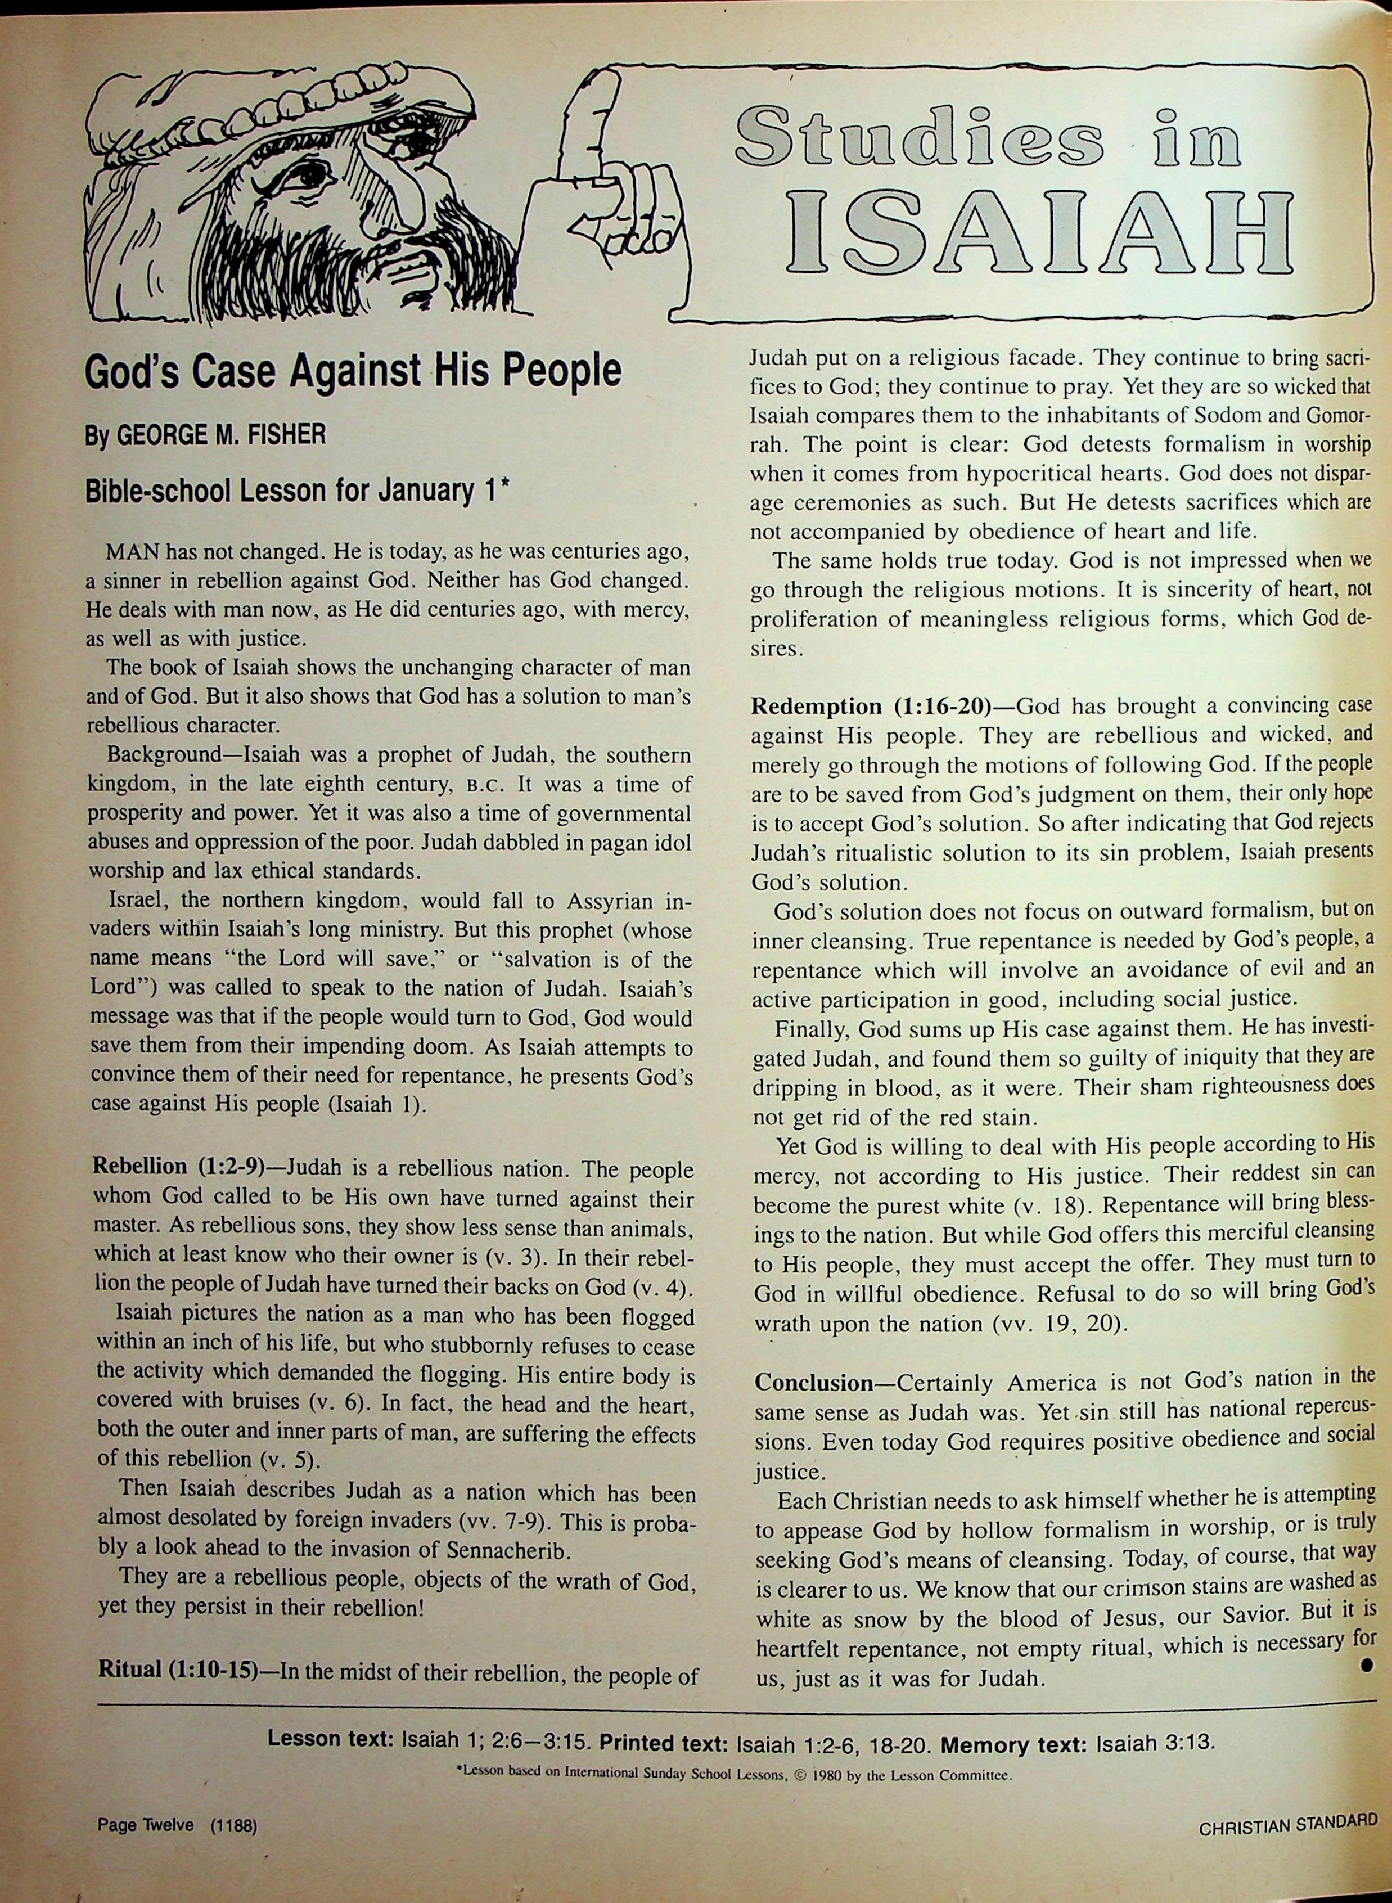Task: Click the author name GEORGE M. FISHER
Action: click(x=221, y=435)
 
